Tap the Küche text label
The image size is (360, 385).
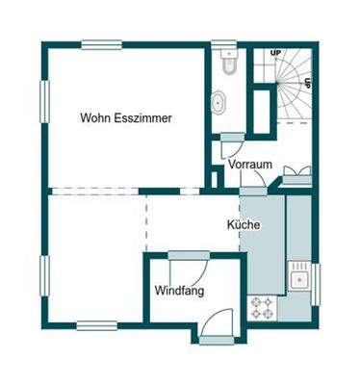click(x=244, y=224)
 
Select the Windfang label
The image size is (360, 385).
click(x=178, y=290)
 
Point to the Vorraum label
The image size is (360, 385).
click(x=250, y=165)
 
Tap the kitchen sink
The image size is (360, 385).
click(x=299, y=280)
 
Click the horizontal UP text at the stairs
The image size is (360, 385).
click(x=275, y=52)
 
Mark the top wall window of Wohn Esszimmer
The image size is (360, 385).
click(x=101, y=42)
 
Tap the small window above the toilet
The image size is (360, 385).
click(x=223, y=42)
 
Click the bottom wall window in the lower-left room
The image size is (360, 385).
click(x=97, y=325)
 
